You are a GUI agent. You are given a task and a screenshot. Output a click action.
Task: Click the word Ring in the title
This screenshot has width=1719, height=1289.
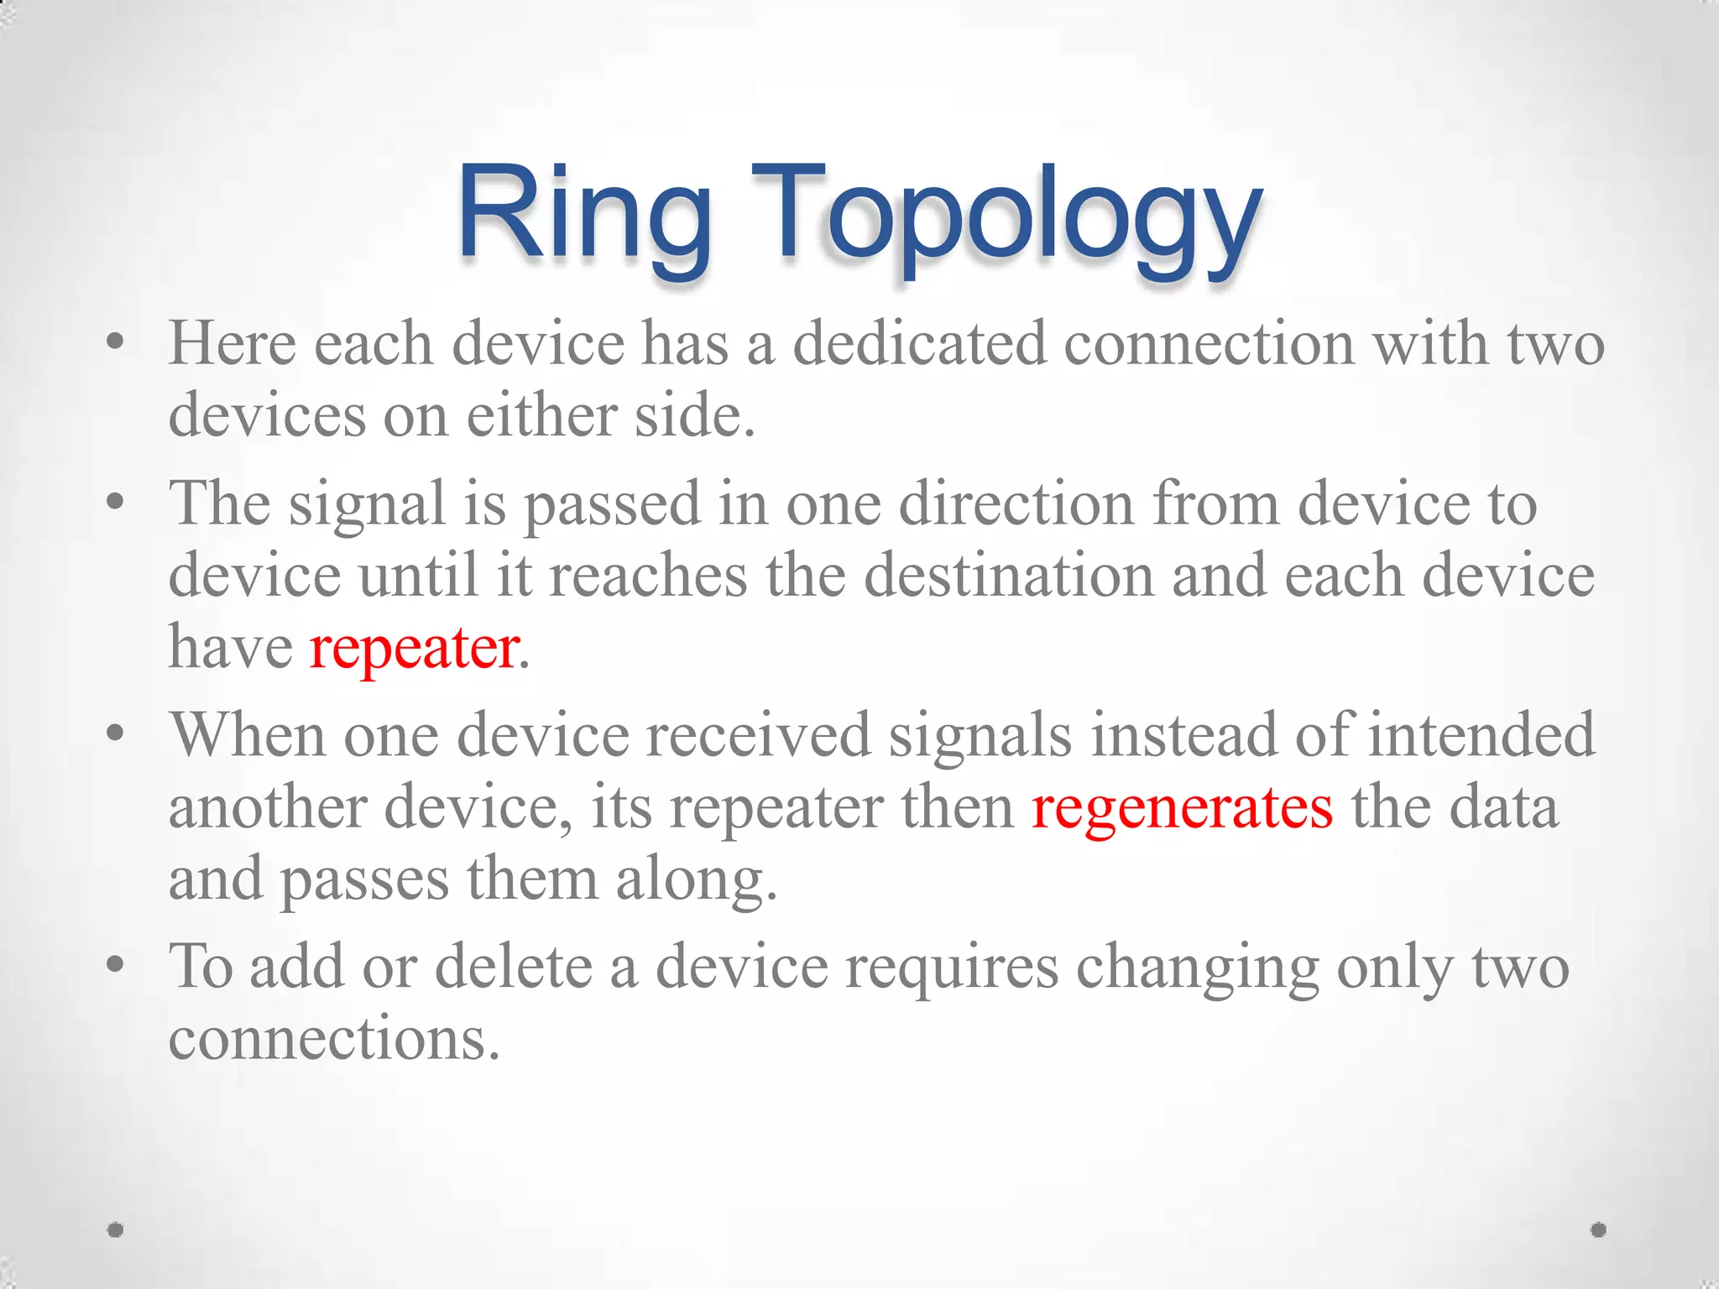(x=583, y=214)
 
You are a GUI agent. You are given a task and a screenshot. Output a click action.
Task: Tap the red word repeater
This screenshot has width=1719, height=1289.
(x=414, y=649)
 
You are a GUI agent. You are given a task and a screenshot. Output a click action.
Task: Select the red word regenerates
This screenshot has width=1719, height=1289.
(x=1182, y=808)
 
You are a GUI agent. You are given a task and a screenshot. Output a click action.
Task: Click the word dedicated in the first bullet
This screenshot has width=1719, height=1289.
(x=919, y=344)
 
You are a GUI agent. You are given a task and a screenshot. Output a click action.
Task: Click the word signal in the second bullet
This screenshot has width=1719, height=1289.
(x=367, y=504)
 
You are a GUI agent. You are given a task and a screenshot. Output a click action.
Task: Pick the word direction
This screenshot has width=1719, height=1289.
(x=1016, y=504)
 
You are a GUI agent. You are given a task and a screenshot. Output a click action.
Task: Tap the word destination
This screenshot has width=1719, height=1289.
(x=1009, y=577)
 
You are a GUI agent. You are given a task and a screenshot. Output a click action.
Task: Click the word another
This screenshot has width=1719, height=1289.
(x=268, y=808)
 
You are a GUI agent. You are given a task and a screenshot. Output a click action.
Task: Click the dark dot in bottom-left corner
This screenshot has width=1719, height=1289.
(x=116, y=1230)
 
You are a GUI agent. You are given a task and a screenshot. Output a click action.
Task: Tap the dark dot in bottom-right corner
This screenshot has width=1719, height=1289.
(x=1598, y=1230)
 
